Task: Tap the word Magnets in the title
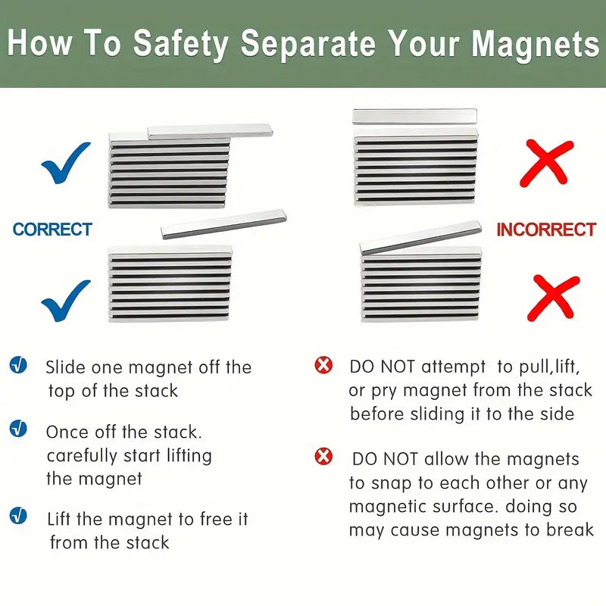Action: [x=536, y=45]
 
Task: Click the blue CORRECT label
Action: [x=52, y=230]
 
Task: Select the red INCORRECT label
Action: [x=546, y=230]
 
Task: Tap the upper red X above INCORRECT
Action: [x=545, y=163]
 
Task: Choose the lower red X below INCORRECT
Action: [x=554, y=298]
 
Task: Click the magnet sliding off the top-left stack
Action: [x=210, y=131]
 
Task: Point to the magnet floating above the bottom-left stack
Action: [x=223, y=223]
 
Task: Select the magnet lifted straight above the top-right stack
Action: [x=414, y=117]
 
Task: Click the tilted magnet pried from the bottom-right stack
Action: [x=420, y=237]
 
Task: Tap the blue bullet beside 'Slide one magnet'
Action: [x=18, y=365]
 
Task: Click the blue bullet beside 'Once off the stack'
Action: [x=18, y=429]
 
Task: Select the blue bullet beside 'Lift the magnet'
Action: [x=18, y=516]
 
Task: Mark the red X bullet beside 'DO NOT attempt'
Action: [x=323, y=365]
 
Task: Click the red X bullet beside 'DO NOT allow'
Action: [x=323, y=456]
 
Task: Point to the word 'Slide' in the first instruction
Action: [x=65, y=367]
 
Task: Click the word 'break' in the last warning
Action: [x=570, y=529]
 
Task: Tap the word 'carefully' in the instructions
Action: [x=82, y=456]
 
